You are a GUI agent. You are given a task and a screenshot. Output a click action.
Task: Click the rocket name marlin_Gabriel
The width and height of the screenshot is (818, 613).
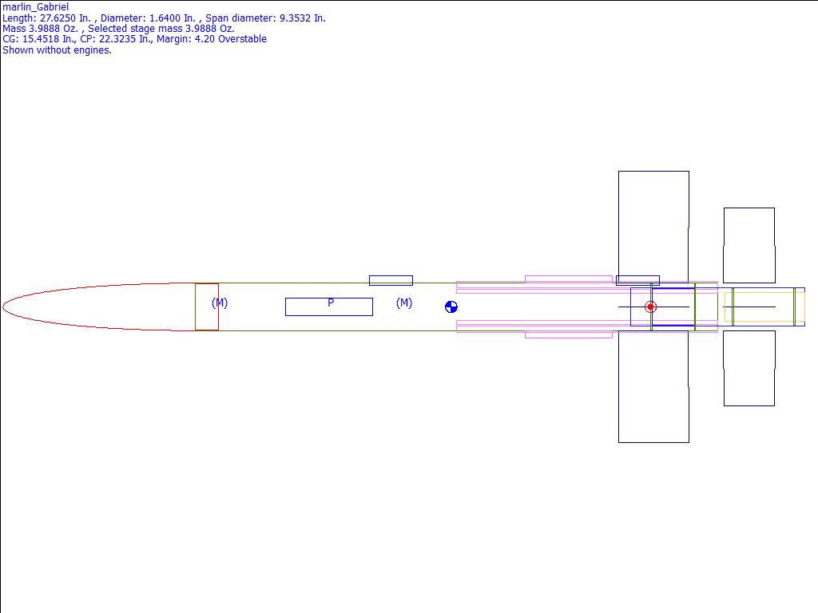coord(35,7)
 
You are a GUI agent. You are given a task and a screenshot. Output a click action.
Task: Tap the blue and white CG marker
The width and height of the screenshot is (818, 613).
coord(451,307)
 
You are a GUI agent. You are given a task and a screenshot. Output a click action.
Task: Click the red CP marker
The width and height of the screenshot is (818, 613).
coord(650,307)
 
